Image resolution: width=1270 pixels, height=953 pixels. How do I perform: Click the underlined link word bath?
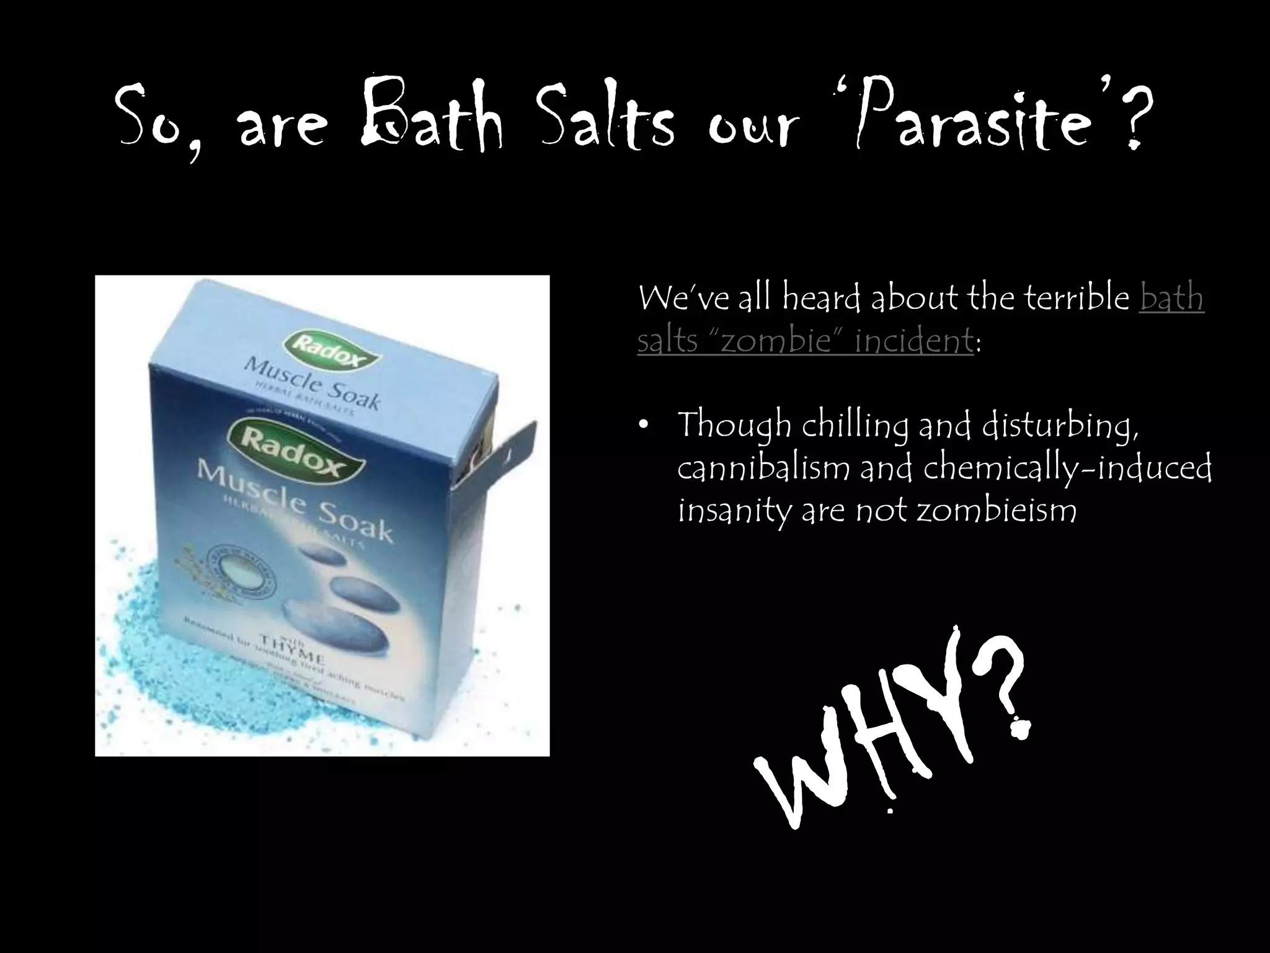click(x=1171, y=298)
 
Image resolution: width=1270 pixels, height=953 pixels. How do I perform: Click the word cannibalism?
click(x=764, y=468)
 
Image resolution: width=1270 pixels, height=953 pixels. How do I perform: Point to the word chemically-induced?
click(x=1067, y=468)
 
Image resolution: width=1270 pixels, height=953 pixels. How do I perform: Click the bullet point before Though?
click(x=645, y=426)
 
